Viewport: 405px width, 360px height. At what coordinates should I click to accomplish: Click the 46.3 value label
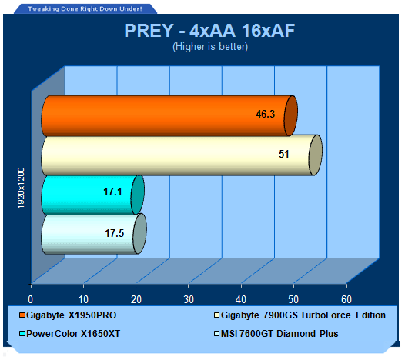point(266,114)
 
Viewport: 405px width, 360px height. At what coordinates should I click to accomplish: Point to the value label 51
point(283,154)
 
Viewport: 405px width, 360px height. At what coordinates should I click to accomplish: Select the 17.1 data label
point(112,192)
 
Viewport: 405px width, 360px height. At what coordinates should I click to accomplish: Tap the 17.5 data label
point(114,233)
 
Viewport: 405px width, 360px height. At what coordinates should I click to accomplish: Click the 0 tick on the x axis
point(31,299)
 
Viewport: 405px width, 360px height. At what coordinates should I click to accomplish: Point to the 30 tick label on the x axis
point(189,299)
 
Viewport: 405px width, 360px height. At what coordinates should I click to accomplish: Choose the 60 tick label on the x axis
point(346,299)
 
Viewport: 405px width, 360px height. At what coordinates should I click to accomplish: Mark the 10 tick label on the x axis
point(83,299)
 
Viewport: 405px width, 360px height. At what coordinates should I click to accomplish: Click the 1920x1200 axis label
point(21,188)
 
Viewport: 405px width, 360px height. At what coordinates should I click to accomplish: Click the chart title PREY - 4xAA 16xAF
point(209,31)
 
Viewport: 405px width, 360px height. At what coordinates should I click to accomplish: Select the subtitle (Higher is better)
point(210,47)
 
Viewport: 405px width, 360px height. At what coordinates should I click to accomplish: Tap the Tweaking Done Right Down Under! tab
point(85,8)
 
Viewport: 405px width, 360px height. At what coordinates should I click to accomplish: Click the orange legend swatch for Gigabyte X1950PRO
point(22,315)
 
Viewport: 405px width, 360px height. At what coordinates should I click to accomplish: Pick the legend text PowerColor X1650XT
point(73,334)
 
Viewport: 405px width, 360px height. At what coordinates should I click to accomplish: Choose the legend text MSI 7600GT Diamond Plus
point(279,334)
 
